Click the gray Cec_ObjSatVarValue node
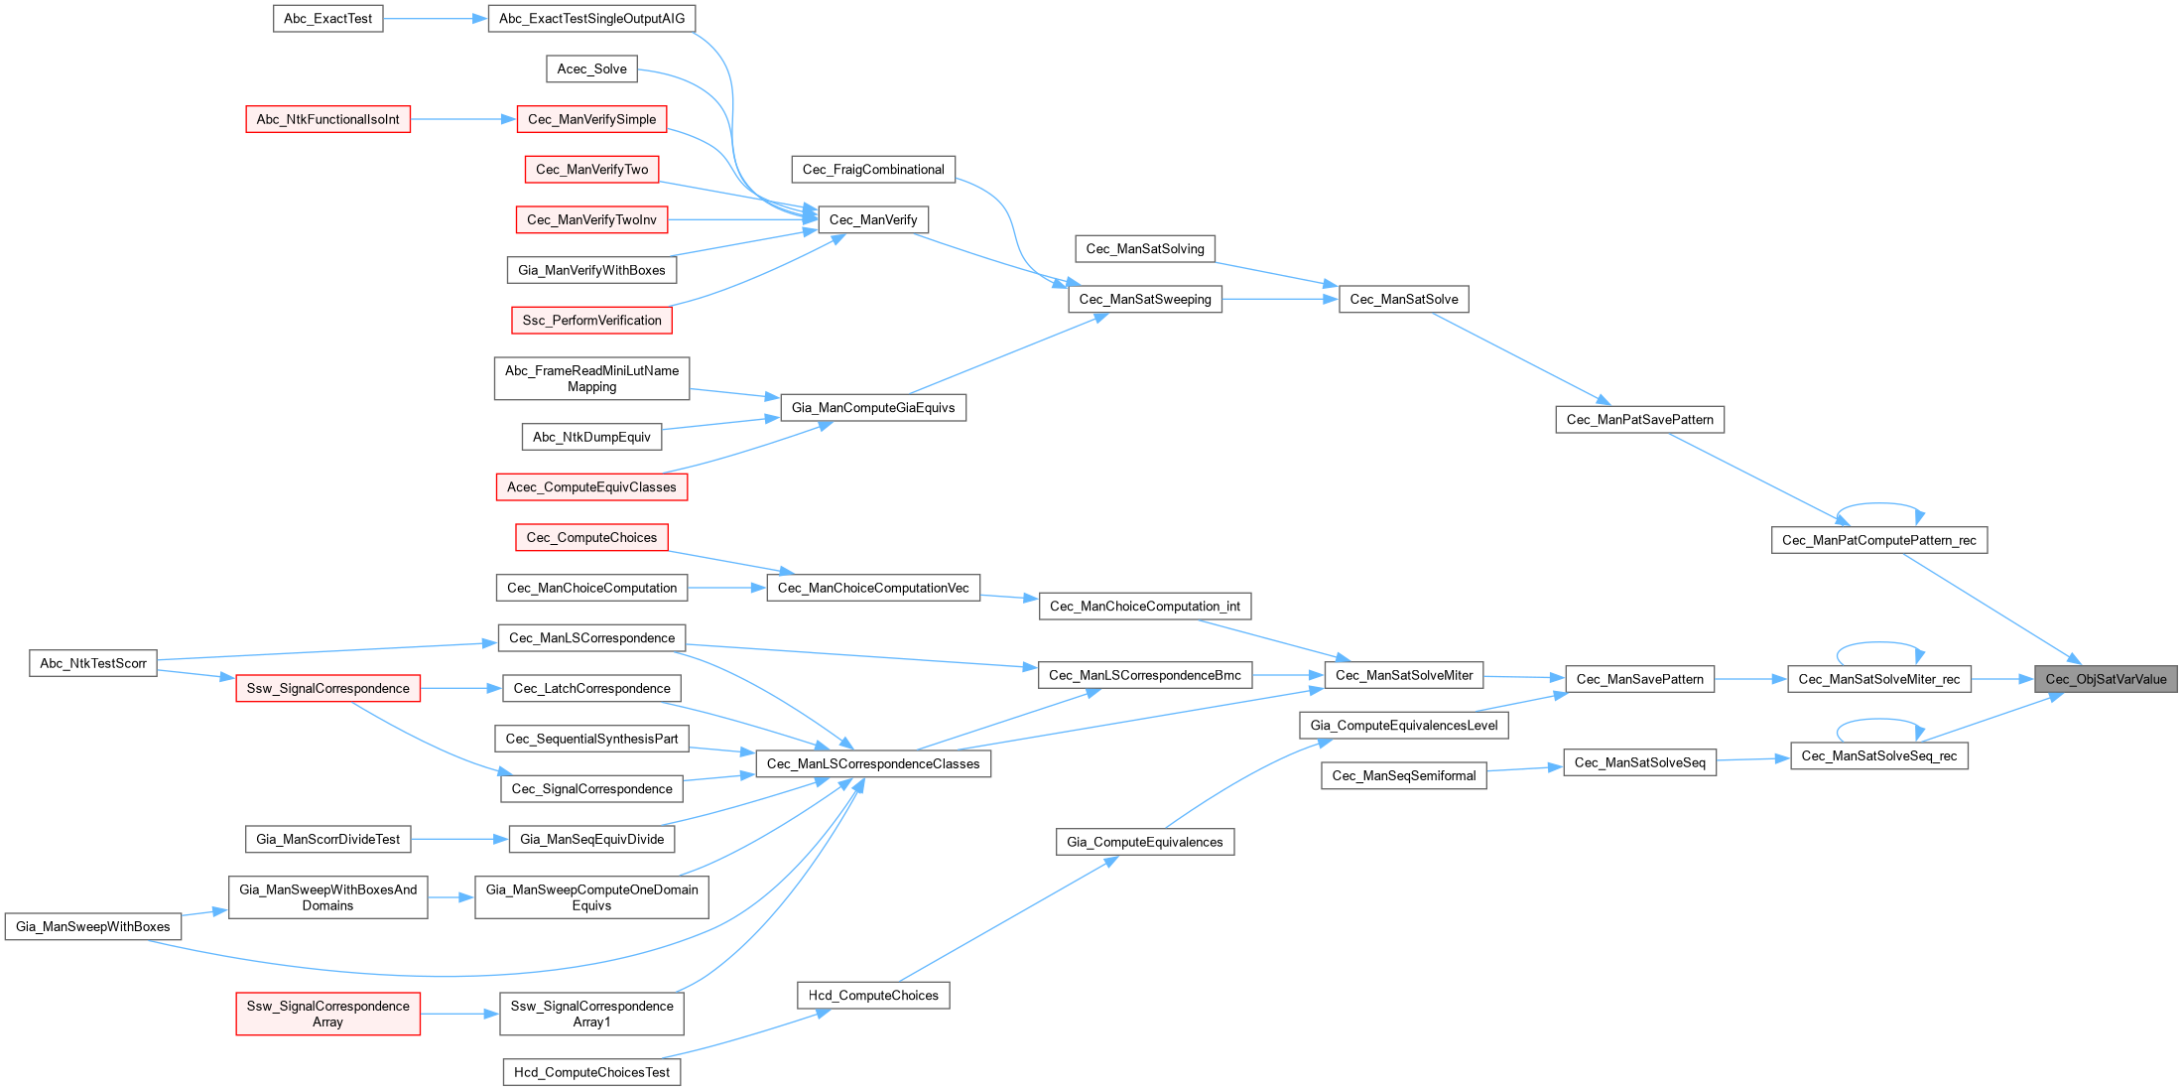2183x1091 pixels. click(2106, 679)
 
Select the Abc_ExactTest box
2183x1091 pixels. click(327, 19)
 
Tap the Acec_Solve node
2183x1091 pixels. click(591, 68)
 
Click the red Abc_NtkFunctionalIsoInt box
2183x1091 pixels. click(327, 119)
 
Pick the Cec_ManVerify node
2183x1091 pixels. click(872, 219)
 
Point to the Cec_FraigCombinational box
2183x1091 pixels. click(873, 170)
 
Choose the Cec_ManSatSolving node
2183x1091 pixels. click(1144, 248)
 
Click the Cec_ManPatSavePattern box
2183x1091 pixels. click(1639, 420)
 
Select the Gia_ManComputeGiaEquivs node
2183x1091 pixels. click(873, 407)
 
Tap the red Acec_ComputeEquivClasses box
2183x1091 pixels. click(591, 486)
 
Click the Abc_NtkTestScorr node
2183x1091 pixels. click(93, 663)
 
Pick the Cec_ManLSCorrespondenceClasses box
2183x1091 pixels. click(873, 763)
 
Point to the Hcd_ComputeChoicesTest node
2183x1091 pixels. click(591, 1072)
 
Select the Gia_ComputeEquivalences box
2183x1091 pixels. click(1144, 842)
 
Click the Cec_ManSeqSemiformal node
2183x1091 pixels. click(1403, 775)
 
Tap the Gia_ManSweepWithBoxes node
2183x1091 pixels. click(93, 926)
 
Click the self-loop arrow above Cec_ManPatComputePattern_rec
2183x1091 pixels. click(1880, 504)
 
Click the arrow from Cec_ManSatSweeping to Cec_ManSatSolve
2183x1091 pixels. click(1280, 299)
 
